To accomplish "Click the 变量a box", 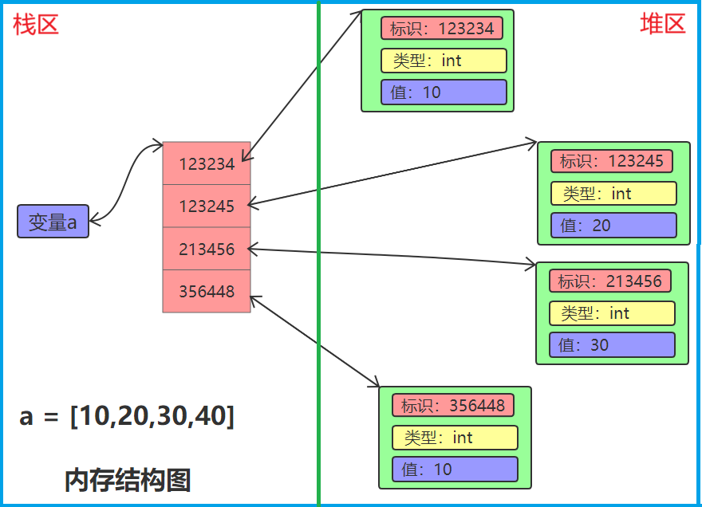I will (x=53, y=222).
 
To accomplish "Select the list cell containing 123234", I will (x=207, y=163).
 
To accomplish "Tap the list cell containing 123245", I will (x=207, y=206).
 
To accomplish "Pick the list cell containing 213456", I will (x=207, y=249).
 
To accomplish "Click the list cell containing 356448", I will (x=207, y=291).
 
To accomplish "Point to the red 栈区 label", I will (x=36, y=25).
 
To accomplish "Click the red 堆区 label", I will (x=662, y=24).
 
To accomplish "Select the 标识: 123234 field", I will (x=442, y=29).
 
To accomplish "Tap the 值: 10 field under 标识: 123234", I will (x=444, y=92).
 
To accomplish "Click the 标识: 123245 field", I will (x=611, y=161).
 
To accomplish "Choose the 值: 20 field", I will (x=613, y=226).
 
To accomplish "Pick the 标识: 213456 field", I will (x=609, y=281).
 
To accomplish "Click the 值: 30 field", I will (x=611, y=345).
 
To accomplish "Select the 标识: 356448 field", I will (x=453, y=406).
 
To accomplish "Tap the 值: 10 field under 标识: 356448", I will (x=455, y=470).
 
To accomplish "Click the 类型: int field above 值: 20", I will (x=613, y=194).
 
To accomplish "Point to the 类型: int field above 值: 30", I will (x=611, y=313).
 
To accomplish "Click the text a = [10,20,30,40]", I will (x=127, y=416).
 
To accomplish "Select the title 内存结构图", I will (x=128, y=481).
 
